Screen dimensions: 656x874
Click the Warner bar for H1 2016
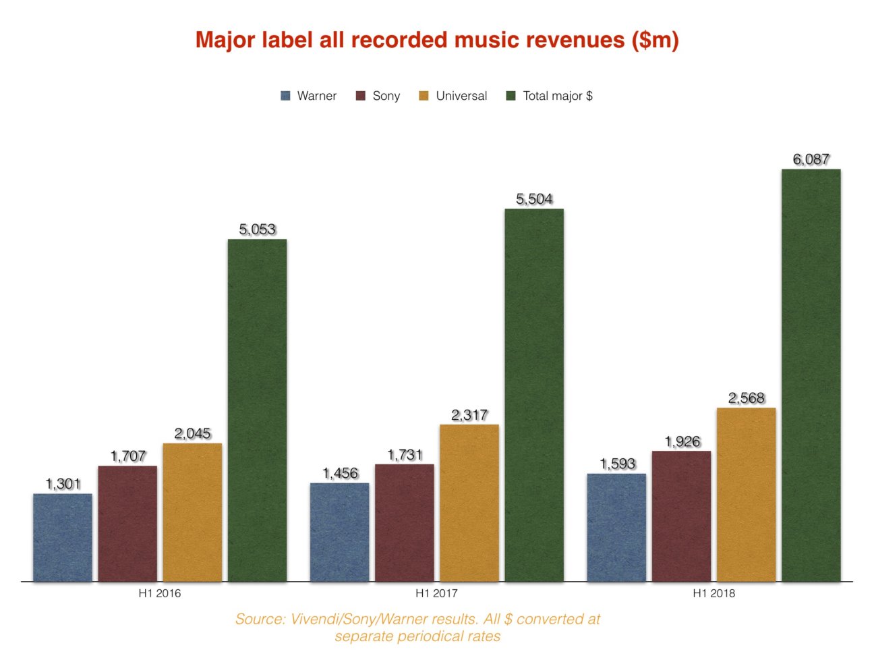[x=63, y=537]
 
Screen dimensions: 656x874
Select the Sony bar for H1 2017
[x=405, y=523]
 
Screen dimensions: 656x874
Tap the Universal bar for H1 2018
[x=746, y=495]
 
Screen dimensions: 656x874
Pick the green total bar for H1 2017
[x=534, y=395]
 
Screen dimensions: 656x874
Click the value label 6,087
[x=811, y=160]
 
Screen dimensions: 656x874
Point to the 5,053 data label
[x=258, y=229]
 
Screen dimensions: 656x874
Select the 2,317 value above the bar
[x=469, y=415]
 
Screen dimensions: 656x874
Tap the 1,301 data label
[x=63, y=484]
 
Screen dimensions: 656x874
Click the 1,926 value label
[x=682, y=442]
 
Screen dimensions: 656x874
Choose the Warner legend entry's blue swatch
[x=286, y=96]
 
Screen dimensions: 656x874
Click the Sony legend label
[x=386, y=96]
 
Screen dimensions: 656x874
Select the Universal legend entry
[x=461, y=96]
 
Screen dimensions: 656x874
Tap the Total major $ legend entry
[x=558, y=96]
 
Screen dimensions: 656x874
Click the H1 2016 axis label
[x=160, y=594]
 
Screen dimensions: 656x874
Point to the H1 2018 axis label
[x=713, y=594]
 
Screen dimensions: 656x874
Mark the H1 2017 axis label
[x=436, y=594]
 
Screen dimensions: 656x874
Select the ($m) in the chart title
[x=655, y=40]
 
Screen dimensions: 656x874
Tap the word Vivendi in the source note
[x=316, y=620]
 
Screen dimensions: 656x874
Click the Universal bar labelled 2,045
[x=192, y=512]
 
